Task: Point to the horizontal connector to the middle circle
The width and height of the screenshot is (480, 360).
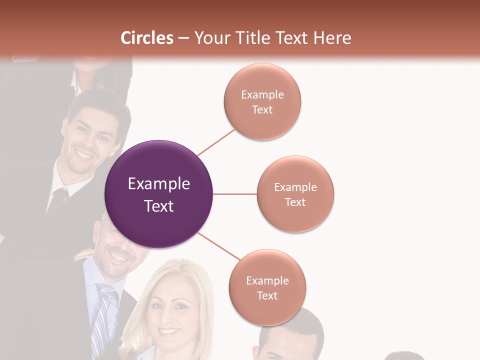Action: pos(235,194)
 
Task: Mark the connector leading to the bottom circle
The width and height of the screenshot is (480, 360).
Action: pos(219,246)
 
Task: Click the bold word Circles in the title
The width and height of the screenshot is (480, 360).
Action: pos(147,38)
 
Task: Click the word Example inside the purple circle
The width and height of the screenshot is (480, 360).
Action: pos(159,184)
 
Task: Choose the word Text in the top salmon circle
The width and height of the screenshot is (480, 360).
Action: pos(262,110)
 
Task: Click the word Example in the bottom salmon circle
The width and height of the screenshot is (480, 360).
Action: pos(267,281)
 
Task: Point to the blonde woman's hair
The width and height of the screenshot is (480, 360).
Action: pos(150,290)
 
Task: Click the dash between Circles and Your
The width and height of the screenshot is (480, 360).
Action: pos(183,38)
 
